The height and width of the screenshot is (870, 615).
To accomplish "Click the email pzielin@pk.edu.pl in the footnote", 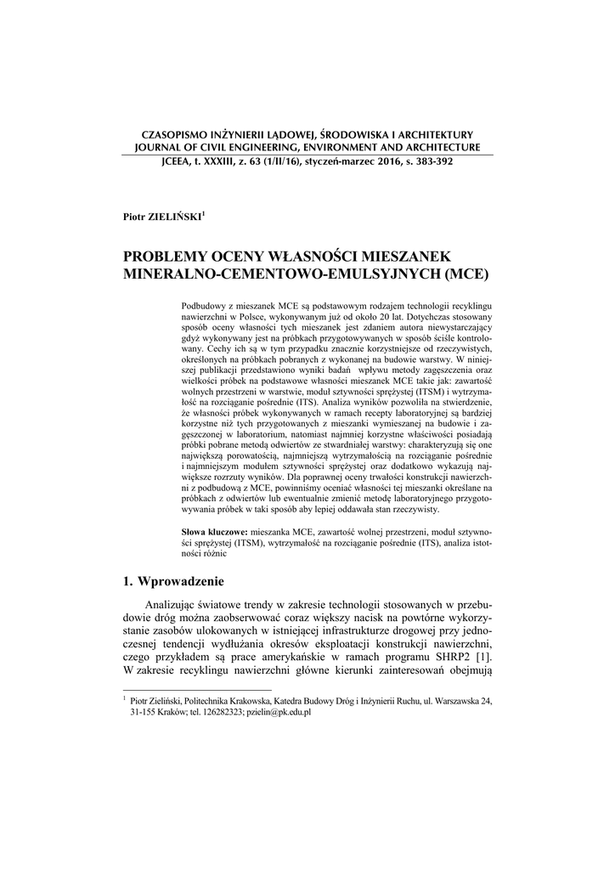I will tap(279, 712).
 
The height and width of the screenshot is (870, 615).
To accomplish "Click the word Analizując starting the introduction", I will tap(175, 606).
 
